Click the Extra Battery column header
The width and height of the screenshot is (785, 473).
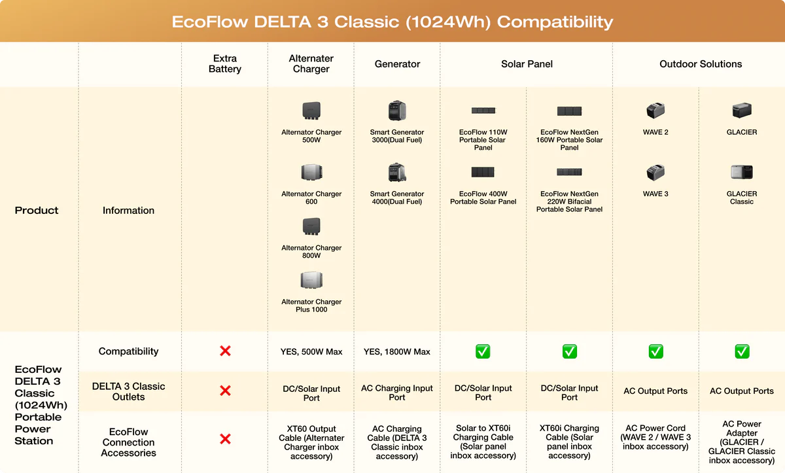(x=225, y=63)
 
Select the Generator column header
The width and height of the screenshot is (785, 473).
(x=397, y=63)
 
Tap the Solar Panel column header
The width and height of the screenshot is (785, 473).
(x=527, y=63)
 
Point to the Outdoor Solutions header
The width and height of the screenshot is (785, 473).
(x=701, y=63)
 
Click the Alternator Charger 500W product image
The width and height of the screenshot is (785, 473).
(x=311, y=111)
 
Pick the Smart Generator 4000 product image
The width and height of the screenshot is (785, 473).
(x=397, y=172)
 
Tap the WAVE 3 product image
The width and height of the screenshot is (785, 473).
(x=655, y=172)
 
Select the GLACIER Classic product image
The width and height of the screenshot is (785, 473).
(x=742, y=172)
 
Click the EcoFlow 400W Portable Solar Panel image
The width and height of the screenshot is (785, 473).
(x=483, y=172)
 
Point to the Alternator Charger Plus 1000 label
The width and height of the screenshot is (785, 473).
(x=311, y=306)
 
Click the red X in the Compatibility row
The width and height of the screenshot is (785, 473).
(x=225, y=351)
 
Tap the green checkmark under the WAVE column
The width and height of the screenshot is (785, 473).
(x=655, y=351)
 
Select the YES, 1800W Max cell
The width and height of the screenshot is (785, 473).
(x=396, y=351)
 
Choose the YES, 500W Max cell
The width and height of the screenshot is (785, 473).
(x=311, y=351)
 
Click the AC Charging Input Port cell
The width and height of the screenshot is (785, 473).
(x=396, y=393)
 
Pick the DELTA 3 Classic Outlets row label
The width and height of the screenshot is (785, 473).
(x=128, y=391)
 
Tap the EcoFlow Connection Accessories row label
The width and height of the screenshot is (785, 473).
(x=128, y=442)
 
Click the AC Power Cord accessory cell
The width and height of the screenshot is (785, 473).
(x=655, y=437)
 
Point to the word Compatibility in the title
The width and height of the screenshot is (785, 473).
(x=555, y=22)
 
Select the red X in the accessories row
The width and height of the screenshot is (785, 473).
(x=225, y=439)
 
